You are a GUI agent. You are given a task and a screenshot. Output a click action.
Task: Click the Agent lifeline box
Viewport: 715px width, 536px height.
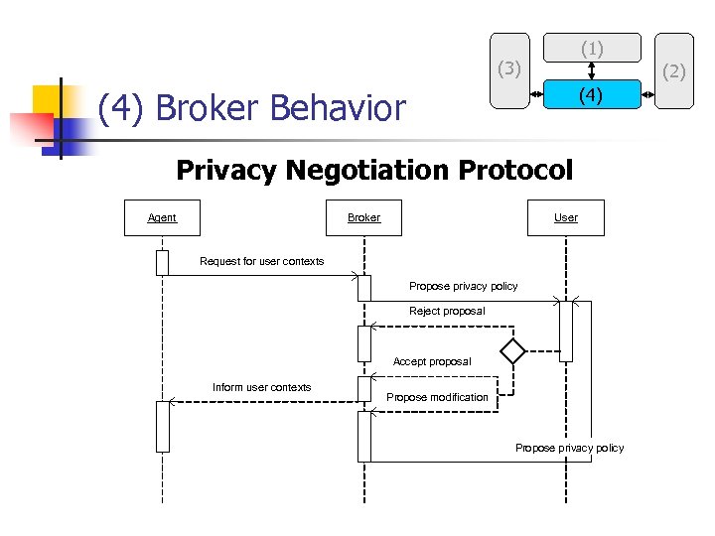162,217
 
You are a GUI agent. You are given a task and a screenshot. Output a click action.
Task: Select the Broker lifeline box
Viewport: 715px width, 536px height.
363,217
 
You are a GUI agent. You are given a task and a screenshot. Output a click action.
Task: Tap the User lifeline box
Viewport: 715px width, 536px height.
566,217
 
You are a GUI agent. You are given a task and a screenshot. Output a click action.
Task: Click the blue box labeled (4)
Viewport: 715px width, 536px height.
592,96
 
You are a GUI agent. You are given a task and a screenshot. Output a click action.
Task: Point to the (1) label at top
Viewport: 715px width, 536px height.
592,48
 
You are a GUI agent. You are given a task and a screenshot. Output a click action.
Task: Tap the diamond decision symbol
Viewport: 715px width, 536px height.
512,350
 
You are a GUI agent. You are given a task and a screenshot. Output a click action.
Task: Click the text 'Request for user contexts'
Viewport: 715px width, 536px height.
262,261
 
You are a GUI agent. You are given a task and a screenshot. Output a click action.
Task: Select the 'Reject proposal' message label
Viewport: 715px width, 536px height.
447,311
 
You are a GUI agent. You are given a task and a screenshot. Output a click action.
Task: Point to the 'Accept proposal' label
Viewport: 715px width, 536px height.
432,361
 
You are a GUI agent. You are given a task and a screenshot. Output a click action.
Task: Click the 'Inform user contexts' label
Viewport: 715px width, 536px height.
261,387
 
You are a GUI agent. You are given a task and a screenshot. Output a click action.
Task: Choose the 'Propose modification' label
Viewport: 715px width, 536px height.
437,397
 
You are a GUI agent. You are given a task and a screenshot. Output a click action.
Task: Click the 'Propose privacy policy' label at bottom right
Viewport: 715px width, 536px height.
569,448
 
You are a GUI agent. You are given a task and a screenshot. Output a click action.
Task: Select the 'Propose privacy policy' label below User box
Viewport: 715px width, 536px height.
463,286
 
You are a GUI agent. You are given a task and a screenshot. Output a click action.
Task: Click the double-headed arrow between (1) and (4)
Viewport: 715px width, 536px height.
592,69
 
